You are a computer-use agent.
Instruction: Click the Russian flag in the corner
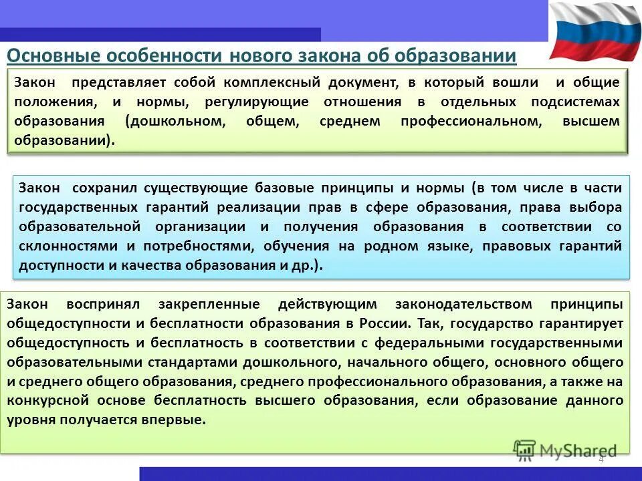click(x=594, y=30)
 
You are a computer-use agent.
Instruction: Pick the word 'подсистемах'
click(x=576, y=102)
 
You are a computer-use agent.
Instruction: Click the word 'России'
click(x=385, y=324)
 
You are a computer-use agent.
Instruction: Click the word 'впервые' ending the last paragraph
click(x=181, y=421)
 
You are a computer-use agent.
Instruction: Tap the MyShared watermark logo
click(x=565, y=450)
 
